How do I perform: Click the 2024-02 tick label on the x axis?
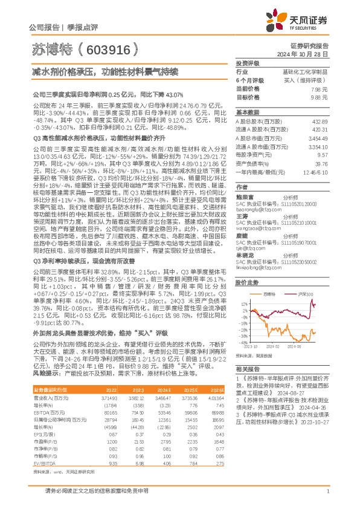[x=272, y=363]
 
